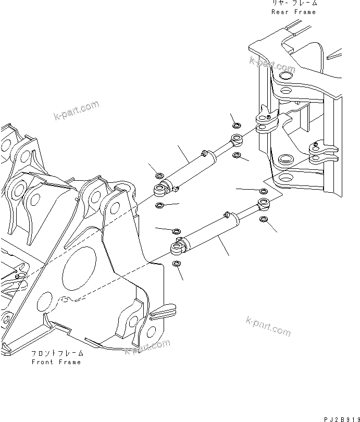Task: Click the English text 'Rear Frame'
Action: (293, 11)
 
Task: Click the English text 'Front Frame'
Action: (56, 362)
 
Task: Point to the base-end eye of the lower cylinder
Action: (177, 245)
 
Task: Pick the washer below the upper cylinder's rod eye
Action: (237, 155)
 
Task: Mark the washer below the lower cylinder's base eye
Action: (177, 264)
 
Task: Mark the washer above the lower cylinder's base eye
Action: (176, 230)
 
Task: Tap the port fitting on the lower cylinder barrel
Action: (227, 213)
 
